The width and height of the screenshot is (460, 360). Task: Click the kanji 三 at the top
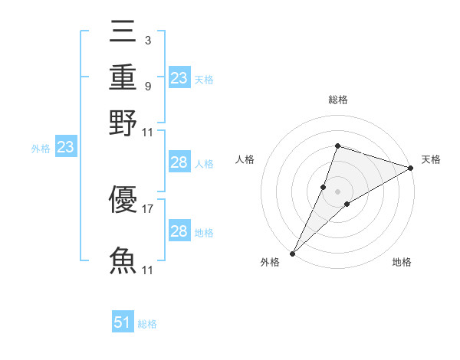[x=123, y=34]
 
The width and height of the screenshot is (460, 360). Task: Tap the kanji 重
[x=123, y=78]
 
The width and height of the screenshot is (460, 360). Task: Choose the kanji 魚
[x=123, y=260]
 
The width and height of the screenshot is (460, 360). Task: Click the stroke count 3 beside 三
[x=147, y=39]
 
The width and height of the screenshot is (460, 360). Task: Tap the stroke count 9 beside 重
[x=147, y=86]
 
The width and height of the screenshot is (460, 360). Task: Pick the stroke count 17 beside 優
[x=148, y=207]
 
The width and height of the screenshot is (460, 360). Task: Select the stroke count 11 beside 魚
[x=148, y=270]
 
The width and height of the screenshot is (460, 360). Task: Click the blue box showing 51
[x=123, y=322]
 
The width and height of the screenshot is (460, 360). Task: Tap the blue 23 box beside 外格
[x=65, y=148]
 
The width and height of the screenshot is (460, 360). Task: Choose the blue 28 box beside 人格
[x=179, y=162]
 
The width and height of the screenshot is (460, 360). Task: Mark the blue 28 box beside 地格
[x=179, y=231]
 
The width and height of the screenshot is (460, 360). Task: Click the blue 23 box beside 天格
[x=179, y=77]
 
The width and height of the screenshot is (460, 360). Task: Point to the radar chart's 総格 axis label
[x=338, y=100]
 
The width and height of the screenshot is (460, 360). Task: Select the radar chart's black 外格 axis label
[x=270, y=263]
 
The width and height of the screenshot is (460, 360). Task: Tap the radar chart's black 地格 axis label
[x=402, y=263]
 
